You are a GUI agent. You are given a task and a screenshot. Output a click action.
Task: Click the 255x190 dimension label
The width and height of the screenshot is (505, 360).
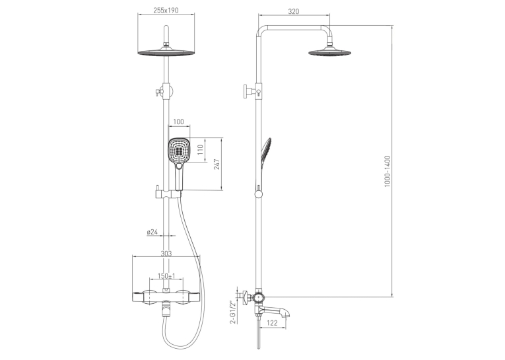(x=166, y=11)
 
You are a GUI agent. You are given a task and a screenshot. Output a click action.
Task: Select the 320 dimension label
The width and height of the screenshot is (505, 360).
(x=293, y=11)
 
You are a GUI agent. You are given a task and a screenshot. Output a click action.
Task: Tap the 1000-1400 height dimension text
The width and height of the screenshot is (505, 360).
(x=387, y=171)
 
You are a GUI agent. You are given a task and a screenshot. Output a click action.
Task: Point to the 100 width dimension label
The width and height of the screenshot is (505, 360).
(x=178, y=122)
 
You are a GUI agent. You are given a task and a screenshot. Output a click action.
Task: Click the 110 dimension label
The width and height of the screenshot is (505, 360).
(x=200, y=150)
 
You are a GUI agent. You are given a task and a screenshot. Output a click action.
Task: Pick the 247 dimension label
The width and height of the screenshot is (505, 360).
(x=217, y=164)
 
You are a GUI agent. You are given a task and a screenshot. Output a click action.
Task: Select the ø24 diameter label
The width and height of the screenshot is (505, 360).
(x=152, y=232)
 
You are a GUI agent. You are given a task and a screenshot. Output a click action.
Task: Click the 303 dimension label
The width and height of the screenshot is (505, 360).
(x=166, y=254)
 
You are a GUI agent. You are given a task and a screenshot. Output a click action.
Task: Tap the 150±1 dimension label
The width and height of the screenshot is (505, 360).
(x=166, y=276)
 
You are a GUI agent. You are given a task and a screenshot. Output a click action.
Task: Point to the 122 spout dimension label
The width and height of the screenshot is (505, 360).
(x=273, y=323)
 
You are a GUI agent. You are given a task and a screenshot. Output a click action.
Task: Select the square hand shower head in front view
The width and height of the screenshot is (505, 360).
(x=179, y=150)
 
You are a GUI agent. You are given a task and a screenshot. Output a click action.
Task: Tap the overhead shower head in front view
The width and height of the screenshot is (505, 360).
(x=166, y=52)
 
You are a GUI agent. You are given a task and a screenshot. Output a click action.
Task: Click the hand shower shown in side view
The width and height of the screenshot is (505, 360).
(x=266, y=155)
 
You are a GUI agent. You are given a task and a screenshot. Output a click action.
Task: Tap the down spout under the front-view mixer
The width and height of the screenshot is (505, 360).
(x=166, y=309)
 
